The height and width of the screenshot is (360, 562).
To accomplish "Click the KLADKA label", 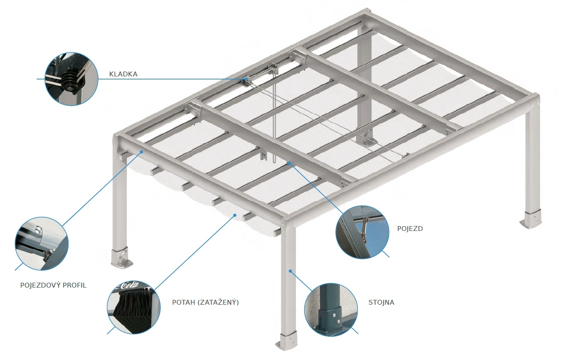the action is (123, 74).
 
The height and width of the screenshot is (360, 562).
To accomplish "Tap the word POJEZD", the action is (410, 229).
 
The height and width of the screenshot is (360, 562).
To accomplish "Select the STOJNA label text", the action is (381, 302).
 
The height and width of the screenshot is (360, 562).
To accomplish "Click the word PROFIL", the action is (74, 285).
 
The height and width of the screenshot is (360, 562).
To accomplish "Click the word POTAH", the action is (184, 302).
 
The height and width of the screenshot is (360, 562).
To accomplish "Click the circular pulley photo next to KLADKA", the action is (72, 79).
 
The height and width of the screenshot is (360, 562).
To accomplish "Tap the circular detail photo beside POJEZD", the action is (362, 232).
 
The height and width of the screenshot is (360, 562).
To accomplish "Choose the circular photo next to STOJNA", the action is (331, 310).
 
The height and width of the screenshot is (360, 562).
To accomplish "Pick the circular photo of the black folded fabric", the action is (134, 307).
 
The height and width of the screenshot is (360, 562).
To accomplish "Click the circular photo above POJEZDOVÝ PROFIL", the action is (42, 244).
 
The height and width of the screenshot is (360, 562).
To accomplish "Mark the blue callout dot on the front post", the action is (290, 271).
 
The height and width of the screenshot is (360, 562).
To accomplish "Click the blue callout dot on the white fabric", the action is (235, 215).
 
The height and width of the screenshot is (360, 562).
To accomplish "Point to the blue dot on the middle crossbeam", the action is (289, 163).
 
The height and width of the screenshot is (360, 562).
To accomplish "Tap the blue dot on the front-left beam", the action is (141, 151).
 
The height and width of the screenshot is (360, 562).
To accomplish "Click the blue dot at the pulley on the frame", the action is (246, 79).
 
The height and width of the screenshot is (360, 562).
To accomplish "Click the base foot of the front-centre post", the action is (287, 340).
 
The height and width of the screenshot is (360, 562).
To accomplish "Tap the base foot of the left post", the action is (122, 258).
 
